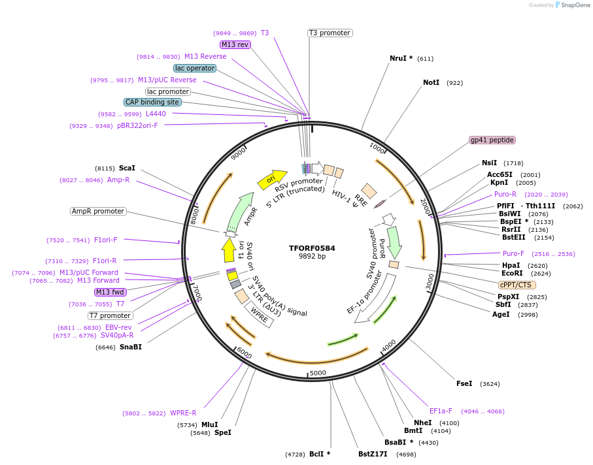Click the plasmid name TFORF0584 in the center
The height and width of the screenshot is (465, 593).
[x=312, y=248]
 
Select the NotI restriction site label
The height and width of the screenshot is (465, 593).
[x=431, y=83]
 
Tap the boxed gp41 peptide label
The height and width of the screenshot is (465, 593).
[x=492, y=140]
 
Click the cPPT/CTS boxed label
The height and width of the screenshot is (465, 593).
[x=517, y=285]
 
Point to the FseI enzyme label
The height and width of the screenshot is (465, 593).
[x=464, y=383]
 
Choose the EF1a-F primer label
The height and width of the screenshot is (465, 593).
[x=441, y=411]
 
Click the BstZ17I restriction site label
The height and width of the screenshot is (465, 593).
[x=373, y=454]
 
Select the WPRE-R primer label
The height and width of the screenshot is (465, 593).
[x=183, y=413]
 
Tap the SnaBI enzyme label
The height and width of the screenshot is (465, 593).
[x=130, y=347]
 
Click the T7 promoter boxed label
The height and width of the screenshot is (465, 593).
[x=110, y=316]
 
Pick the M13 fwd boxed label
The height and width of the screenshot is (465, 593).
[x=110, y=292]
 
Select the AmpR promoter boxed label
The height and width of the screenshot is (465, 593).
[x=98, y=212]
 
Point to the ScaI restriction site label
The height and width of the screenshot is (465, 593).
[x=127, y=168]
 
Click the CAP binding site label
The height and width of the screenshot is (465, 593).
[x=152, y=102]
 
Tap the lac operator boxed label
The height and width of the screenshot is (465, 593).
[x=195, y=68]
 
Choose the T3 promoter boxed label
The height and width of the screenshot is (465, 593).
[x=330, y=33]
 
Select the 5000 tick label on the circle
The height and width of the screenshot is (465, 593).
[x=318, y=373]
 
